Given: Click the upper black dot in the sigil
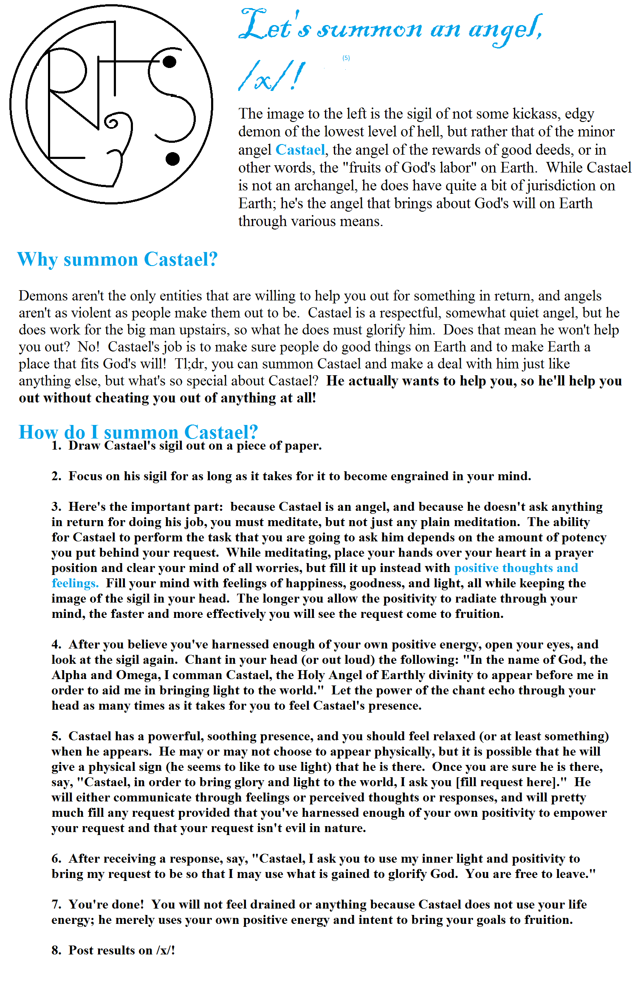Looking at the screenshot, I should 169,62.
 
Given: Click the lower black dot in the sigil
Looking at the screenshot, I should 172,159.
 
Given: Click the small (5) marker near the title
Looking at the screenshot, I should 346,58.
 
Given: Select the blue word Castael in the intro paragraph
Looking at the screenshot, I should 300,150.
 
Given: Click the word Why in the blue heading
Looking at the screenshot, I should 37,259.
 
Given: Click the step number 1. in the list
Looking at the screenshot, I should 57,446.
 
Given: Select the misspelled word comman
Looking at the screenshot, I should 197,675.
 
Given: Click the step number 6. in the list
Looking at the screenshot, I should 57,859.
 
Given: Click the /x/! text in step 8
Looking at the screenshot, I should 166,951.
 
